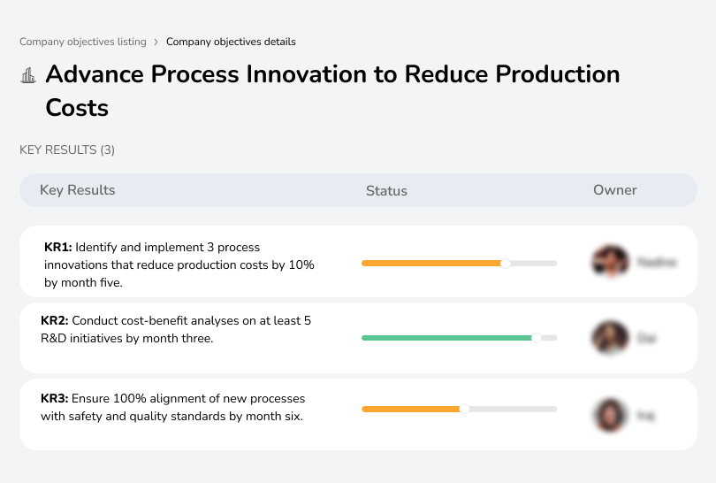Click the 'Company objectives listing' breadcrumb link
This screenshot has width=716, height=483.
tap(83, 42)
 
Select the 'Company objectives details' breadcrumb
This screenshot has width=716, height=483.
tap(231, 42)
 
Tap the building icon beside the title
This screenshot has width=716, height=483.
tap(28, 75)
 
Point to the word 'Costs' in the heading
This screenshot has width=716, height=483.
tap(77, 108)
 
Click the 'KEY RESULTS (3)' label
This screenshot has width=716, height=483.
tap(67, 150)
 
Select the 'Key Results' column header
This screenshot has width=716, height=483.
tap(77, 190)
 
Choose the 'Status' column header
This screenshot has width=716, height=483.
tap(386, 190)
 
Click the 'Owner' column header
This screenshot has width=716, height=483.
tap(614, 190)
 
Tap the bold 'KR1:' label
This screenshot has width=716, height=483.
tap(58, 248)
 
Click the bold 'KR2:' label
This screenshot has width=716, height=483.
tap(56, 321)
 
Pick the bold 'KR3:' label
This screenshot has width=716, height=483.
tap(56, 398)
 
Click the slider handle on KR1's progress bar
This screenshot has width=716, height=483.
tap(506, 263)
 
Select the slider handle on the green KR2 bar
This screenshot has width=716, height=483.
tap(536, 338)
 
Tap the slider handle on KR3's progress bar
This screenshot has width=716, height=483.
tap(464, 409)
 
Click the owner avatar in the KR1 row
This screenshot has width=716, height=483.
tap(609, 262)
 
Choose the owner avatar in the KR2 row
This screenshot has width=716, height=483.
tap(609, 338)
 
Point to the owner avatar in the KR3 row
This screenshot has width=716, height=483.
tap(609, 414)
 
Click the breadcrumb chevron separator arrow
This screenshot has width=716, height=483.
tap(156, 42)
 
